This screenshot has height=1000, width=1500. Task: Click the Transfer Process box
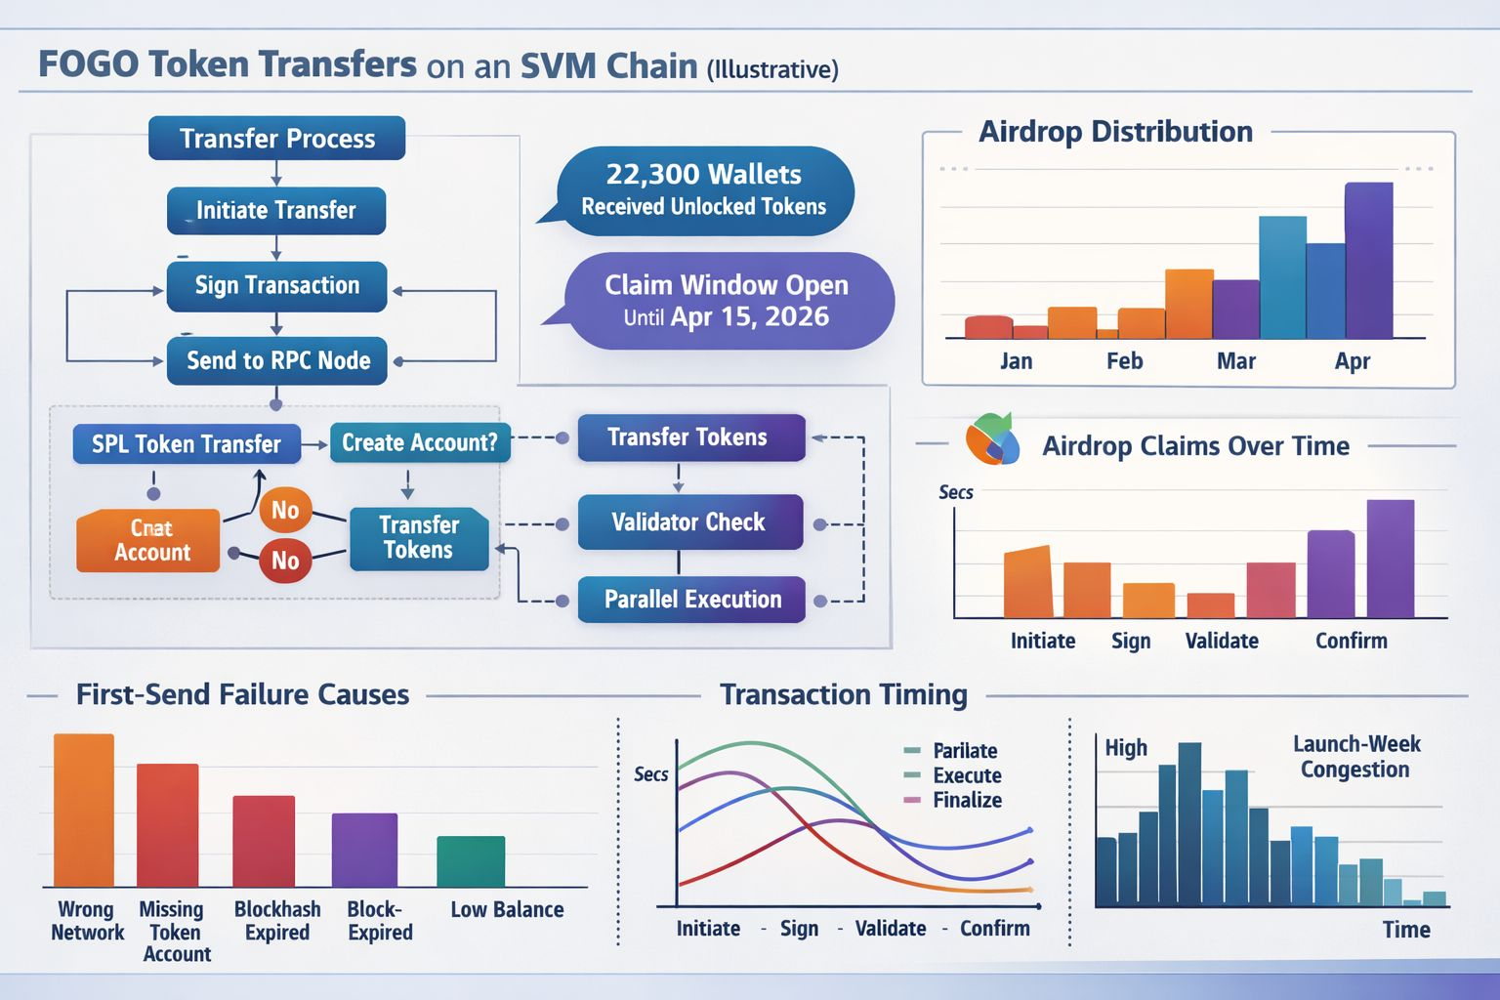[x=276, y=138]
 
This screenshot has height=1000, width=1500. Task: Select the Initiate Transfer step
[x=276, y=210]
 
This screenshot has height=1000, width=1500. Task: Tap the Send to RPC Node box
[x=277, y=360]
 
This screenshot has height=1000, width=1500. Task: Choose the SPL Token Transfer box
[x=187, y=444]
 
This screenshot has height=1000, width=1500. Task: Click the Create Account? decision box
[x=419, y=442]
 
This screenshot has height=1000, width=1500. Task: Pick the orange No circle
[x=285, y=510]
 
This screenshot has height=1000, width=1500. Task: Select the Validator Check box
[x=689, y=521]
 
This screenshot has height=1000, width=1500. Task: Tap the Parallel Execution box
[x=691, y=599]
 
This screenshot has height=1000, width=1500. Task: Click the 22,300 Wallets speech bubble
[x=704, y=190]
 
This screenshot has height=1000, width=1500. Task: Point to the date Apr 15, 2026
[x=749, y=316]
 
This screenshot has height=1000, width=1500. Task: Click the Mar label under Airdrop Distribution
[x=1235, y=361]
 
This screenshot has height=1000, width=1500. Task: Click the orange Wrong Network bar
[x=84, y=810]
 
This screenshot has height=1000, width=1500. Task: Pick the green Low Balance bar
[x=471, y=861]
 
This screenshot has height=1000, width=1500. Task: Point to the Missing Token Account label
[x=174, y=932]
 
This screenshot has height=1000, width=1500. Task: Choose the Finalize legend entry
[x=966, y=800]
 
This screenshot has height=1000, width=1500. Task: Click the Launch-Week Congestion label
[x=1355, y=757]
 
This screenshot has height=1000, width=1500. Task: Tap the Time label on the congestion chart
[x=1405, y=930]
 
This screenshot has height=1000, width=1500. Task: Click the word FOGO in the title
[x=88, y=64]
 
